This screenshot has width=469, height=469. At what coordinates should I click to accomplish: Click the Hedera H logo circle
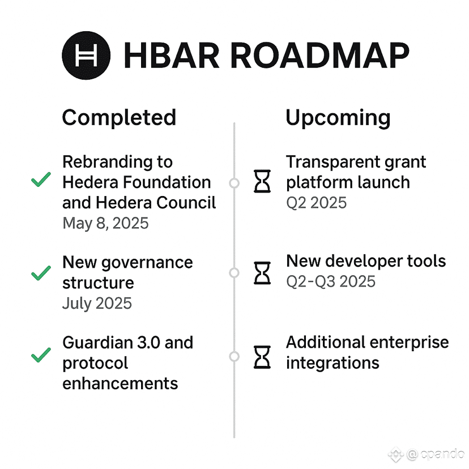(86, 56)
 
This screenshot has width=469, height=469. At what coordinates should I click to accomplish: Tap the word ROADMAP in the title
(319, 56)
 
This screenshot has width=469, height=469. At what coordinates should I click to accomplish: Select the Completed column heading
(119, 118)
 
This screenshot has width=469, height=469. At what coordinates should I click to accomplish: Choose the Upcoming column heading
(338, 118)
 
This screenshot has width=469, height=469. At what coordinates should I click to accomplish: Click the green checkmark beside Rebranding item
(41, 180)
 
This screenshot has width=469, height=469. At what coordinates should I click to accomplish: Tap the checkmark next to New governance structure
(41, 273)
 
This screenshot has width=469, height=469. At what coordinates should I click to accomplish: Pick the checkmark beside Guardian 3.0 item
(41, 355)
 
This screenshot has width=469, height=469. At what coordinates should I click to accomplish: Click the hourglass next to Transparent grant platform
(262, 181)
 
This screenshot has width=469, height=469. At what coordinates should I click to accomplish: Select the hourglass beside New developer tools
(262, 273)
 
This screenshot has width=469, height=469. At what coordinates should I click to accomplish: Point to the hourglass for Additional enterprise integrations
(262, 357)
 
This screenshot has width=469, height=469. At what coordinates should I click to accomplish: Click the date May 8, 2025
(105, 223)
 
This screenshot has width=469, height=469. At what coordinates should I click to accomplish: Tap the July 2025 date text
(97, 303)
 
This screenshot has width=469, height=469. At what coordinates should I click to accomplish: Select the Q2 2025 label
(317, 203)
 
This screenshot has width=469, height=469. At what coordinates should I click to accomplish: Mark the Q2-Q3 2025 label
(331, 282)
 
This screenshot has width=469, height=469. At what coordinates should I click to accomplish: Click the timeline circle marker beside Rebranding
(234, 183)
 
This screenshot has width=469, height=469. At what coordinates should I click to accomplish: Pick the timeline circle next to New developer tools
(234, 273)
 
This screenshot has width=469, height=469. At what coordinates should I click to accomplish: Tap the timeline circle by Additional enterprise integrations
(234, 356)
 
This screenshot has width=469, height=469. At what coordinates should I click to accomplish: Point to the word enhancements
(120, 383)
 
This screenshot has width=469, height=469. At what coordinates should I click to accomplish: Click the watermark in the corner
(427, 454)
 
